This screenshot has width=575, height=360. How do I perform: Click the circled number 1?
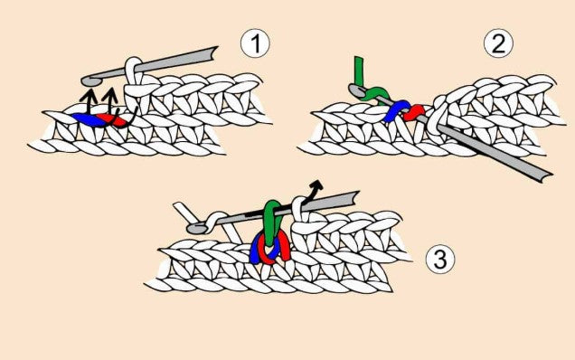255,43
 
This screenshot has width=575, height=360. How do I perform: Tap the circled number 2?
498,43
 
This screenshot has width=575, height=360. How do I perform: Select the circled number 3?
440,259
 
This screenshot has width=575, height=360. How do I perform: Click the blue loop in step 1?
88,119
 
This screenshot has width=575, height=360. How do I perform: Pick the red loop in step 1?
115,120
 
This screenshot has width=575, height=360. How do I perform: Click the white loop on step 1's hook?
134,71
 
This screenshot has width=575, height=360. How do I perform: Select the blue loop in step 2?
394,110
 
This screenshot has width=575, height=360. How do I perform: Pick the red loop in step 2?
414,113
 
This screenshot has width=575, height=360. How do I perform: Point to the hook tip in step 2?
354,90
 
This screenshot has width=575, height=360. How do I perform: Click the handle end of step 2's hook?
545,175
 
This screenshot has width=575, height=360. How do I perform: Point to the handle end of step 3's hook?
354,198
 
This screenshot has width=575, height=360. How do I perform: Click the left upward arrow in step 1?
89,101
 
